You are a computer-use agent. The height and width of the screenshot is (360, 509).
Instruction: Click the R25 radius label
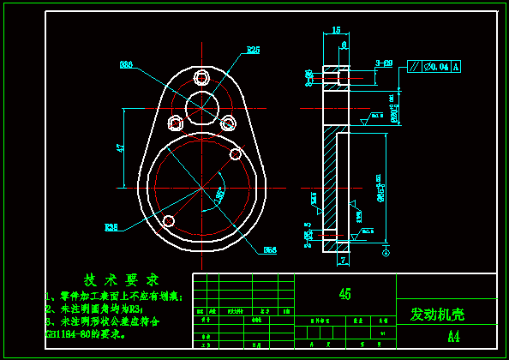253,50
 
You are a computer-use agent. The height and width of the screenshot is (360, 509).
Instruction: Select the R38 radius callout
111,228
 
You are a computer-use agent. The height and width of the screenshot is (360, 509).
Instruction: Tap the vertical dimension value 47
121,147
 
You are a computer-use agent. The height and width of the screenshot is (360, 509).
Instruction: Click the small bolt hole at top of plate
202,75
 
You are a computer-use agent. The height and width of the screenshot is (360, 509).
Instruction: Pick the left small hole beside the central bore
176,123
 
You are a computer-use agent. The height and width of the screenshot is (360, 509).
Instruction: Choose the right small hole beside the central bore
228,123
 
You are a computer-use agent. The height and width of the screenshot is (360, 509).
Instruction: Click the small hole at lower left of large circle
168,222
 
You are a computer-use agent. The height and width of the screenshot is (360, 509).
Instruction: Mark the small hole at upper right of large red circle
235,155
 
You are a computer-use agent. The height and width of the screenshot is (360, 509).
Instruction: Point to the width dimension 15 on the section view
336,30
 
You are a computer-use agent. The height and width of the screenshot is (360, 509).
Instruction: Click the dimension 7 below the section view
342,259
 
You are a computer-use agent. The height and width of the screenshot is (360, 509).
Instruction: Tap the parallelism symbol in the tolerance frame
416,66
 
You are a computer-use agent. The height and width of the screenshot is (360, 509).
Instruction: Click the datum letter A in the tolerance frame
456,66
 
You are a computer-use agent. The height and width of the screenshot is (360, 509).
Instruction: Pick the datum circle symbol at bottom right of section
385,253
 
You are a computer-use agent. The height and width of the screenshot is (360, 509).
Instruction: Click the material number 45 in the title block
344,294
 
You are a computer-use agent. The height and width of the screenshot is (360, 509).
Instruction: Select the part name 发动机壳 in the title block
437,314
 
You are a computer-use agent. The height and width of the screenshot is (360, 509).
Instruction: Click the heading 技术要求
121,279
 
